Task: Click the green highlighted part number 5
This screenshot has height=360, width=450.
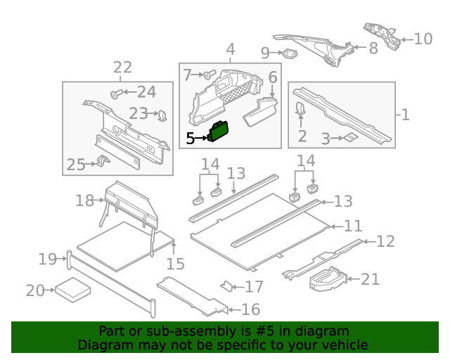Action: pos(219,131)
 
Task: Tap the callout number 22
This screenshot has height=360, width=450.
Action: pos(122,67)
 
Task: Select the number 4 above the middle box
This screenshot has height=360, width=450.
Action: pos(230,49)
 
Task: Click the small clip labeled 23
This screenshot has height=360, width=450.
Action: pos(161,114)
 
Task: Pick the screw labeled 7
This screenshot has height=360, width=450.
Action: pos(210,74)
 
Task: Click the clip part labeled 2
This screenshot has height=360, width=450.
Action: pos(300,108)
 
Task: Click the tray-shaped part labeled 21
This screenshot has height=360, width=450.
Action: pos(327,279)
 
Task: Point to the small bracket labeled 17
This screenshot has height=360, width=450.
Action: pos(227,286)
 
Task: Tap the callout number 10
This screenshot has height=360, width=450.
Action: pos(423,38)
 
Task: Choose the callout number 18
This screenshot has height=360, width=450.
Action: pos(84,201)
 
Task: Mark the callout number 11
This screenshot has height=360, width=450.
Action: pos(352,226)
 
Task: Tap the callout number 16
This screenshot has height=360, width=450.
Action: pos(250,309)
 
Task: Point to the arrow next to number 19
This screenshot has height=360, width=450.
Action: pos(62,259)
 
